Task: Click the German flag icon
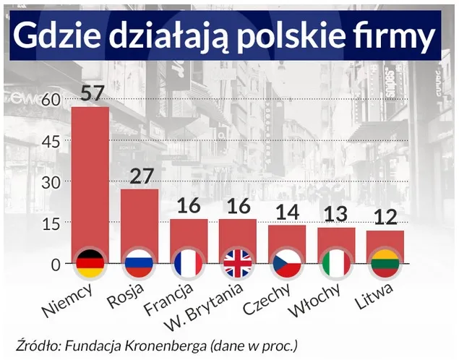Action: (x=90, y=263)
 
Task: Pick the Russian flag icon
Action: (x=139, y=263)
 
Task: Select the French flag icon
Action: (x=188, y=263)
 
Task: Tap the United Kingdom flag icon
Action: (x=238, y=263)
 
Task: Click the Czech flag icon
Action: (x=287, y=263)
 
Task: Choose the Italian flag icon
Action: (x=336, y=263)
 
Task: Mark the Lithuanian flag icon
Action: (x=385, y=263)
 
